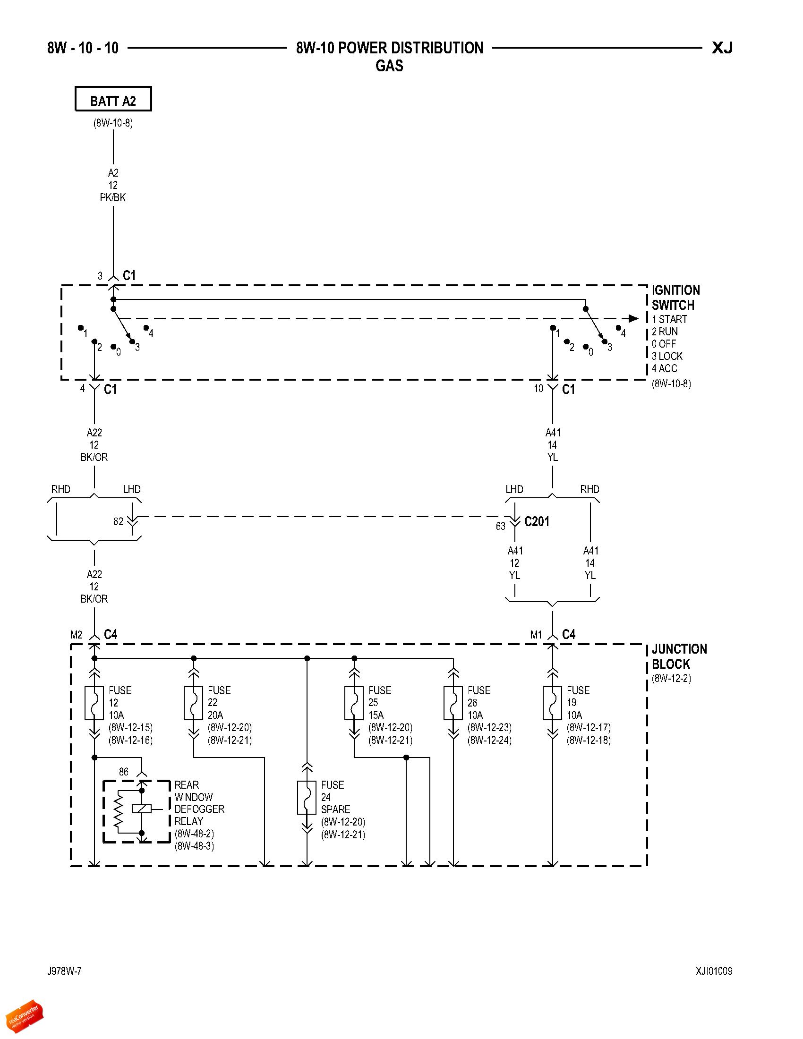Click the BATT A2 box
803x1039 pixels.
(113, 100)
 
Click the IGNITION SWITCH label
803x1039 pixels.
(675, 298)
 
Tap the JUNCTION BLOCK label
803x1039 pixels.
(679, 656)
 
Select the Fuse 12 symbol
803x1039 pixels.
(94, 702)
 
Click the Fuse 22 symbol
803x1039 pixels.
(193, 702)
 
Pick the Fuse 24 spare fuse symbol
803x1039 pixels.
(307, 797)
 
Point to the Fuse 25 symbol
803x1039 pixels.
(354, 702)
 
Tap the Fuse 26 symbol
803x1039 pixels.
(453, 702)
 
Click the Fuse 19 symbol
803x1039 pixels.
(552, 702)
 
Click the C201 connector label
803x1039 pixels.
(537, 521)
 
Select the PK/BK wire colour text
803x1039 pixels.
(113, 197)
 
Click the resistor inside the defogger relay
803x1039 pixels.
(118, 811)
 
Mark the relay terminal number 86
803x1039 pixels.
(124, 772)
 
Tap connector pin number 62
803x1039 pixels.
(118, 521)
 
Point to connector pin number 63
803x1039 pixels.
(500, 526)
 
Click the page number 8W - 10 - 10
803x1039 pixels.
(83, 48)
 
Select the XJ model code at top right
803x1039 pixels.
(722, 48)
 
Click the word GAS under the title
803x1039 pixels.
(389, 66)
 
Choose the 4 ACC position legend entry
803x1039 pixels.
(665, 368)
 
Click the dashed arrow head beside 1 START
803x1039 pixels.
(633, 318)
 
